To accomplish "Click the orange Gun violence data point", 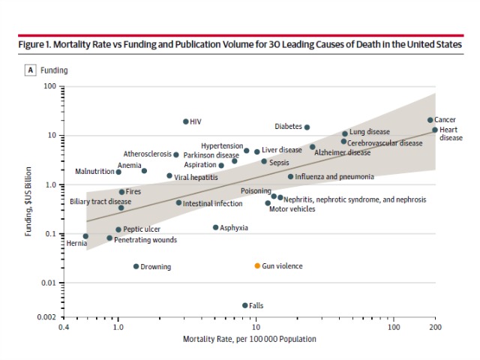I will click(257, 265).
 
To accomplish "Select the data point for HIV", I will click(186, 121).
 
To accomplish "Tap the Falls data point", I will click(245, 305).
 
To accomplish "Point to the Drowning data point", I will click(136, 266).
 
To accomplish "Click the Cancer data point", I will click(430, 120).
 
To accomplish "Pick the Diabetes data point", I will click(307, 127).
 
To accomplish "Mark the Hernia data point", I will click(85, 236).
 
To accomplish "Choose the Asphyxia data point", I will click(215, 227).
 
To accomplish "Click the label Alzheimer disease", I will click(342, 153).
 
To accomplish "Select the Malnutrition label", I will click(94, 172).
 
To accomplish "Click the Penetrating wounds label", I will click(145, 240).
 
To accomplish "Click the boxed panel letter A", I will click(31, 70).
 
